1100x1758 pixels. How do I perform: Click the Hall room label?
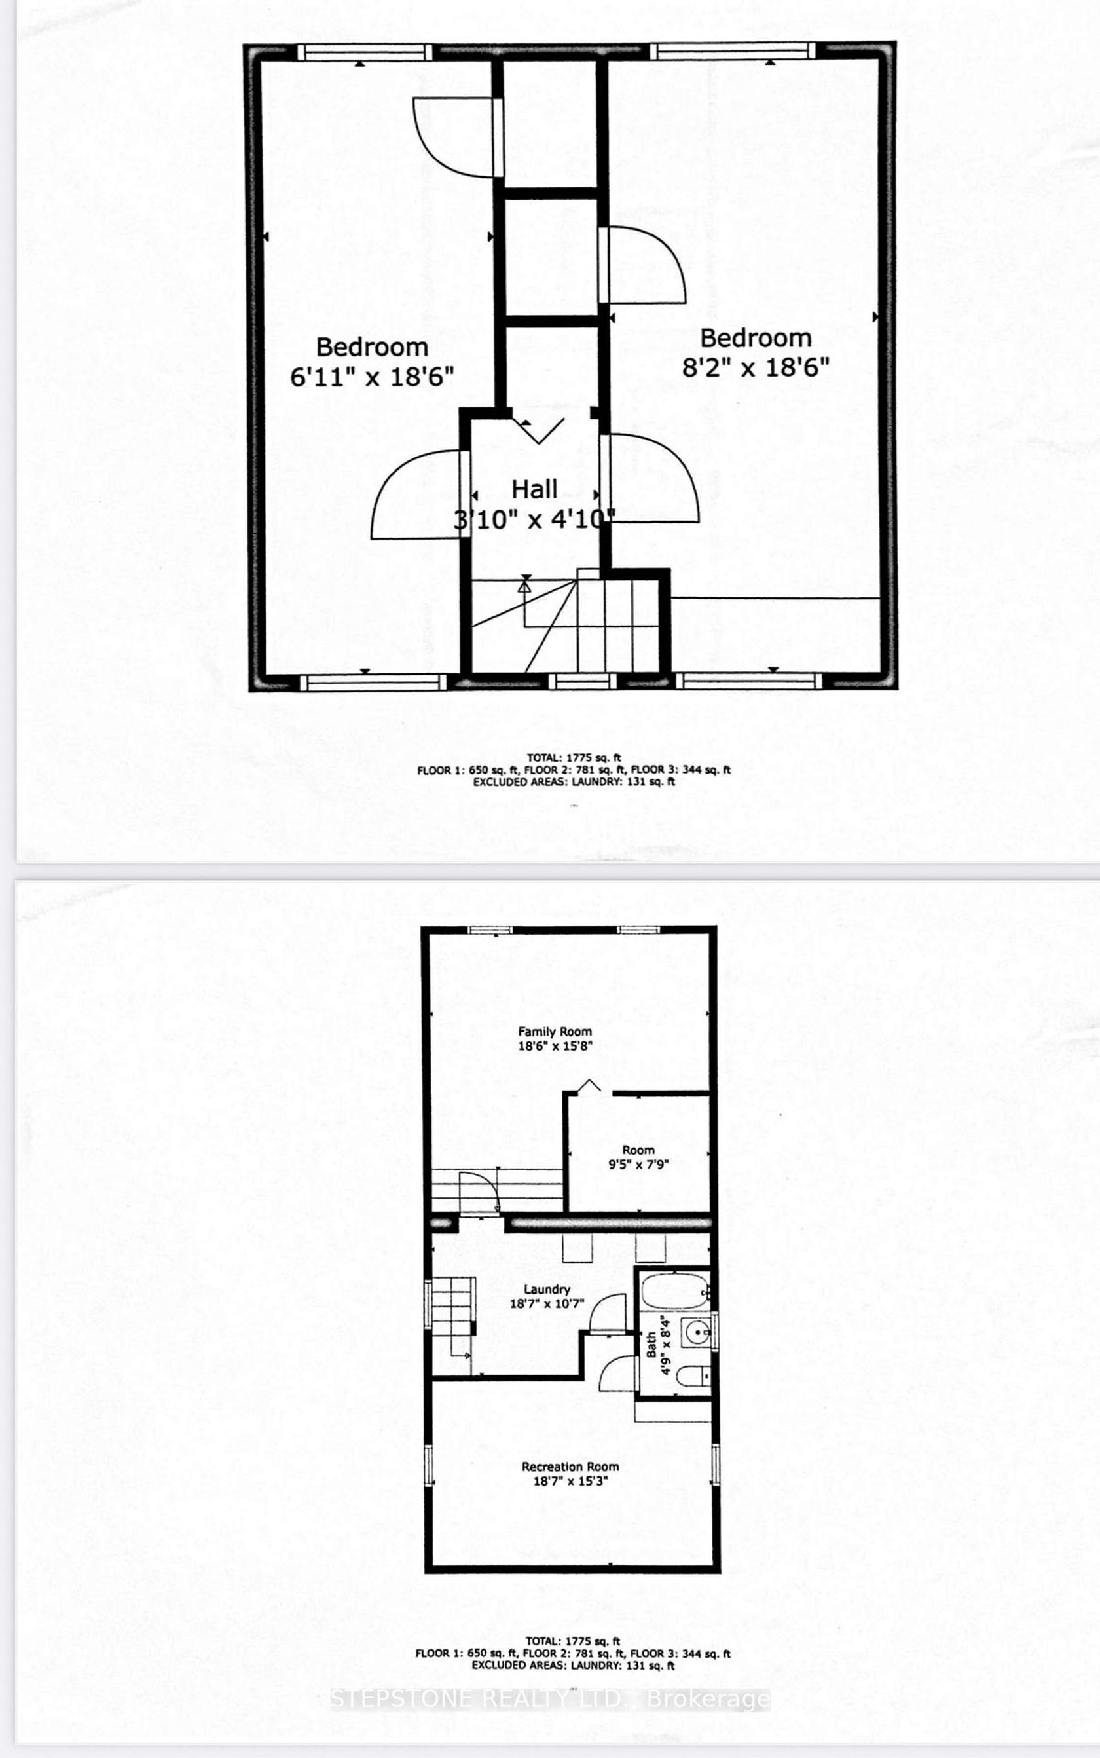point(535,489)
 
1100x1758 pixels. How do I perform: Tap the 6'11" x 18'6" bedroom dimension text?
point(372,377)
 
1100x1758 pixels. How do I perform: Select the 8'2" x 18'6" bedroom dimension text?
point(756,367)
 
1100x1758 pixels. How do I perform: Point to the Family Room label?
point(555,1031)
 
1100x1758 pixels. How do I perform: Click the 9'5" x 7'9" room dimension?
point(638,1163)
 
